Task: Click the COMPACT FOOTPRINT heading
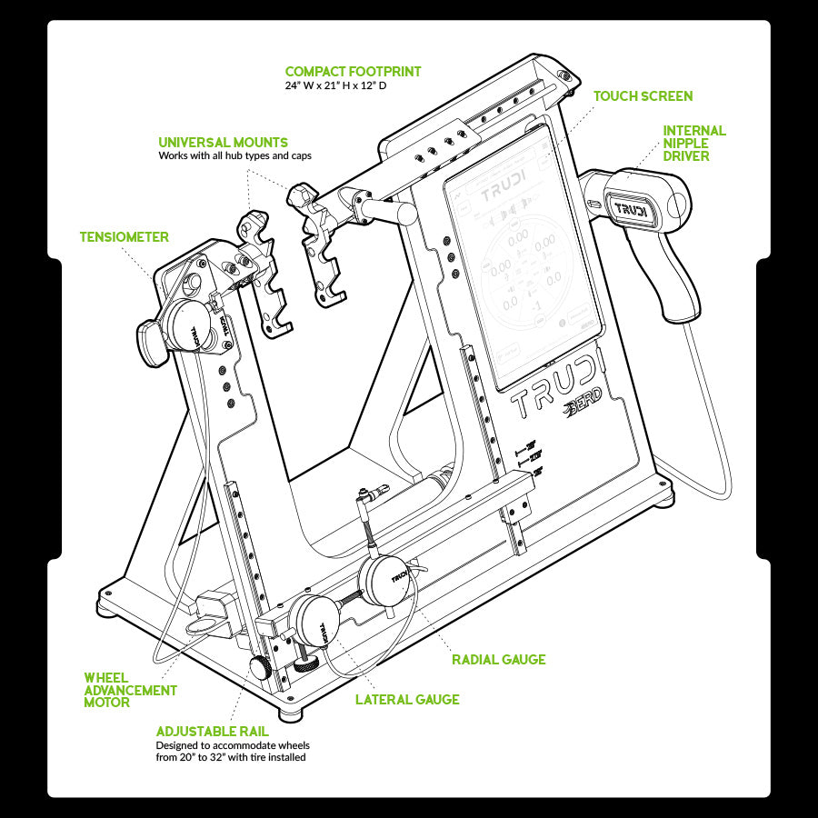click(353, 71)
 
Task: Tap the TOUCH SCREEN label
click(643, 96)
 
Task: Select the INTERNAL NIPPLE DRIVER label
click(693, 144)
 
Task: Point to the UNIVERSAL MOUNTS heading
click(223, 143)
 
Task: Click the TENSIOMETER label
click(124, 237)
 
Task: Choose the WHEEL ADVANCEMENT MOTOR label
click(130, 690)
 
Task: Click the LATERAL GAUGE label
click(406, 700)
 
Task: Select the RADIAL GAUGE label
click(498, 660)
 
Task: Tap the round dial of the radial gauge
click(386, 579)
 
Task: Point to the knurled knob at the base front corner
click(262, 669)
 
